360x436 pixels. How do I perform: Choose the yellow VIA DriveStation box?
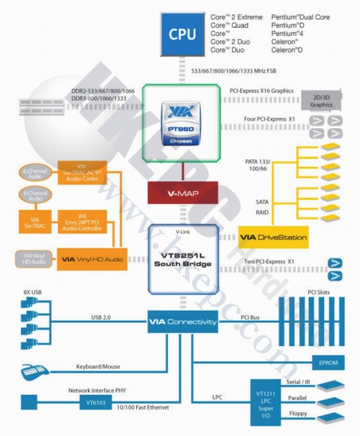click(x=273, y=236)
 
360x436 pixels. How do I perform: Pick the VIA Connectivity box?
click(x=182, y=322)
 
